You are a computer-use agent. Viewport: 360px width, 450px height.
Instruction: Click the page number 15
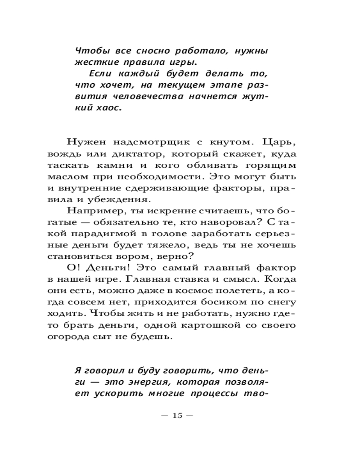177,415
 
